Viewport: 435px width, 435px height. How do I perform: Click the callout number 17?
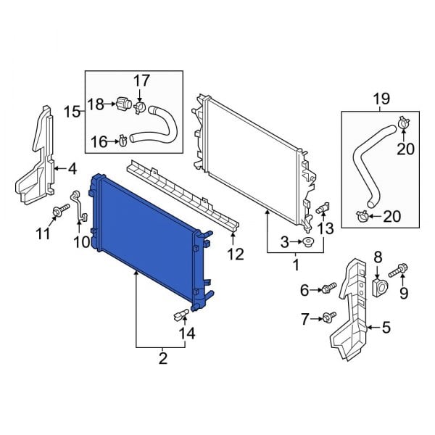pos(141,79)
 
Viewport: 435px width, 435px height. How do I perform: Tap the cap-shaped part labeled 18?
pos(121,106)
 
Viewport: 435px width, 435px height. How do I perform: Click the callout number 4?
pos(72,170)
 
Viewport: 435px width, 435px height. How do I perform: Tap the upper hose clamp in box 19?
pos(402,125)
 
